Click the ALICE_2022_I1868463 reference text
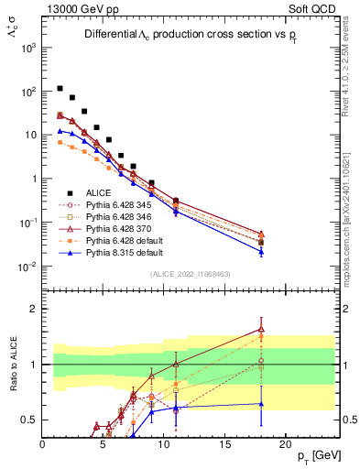[191, 274]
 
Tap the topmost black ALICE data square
[60, 89]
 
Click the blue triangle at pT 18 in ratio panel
[261, 403]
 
